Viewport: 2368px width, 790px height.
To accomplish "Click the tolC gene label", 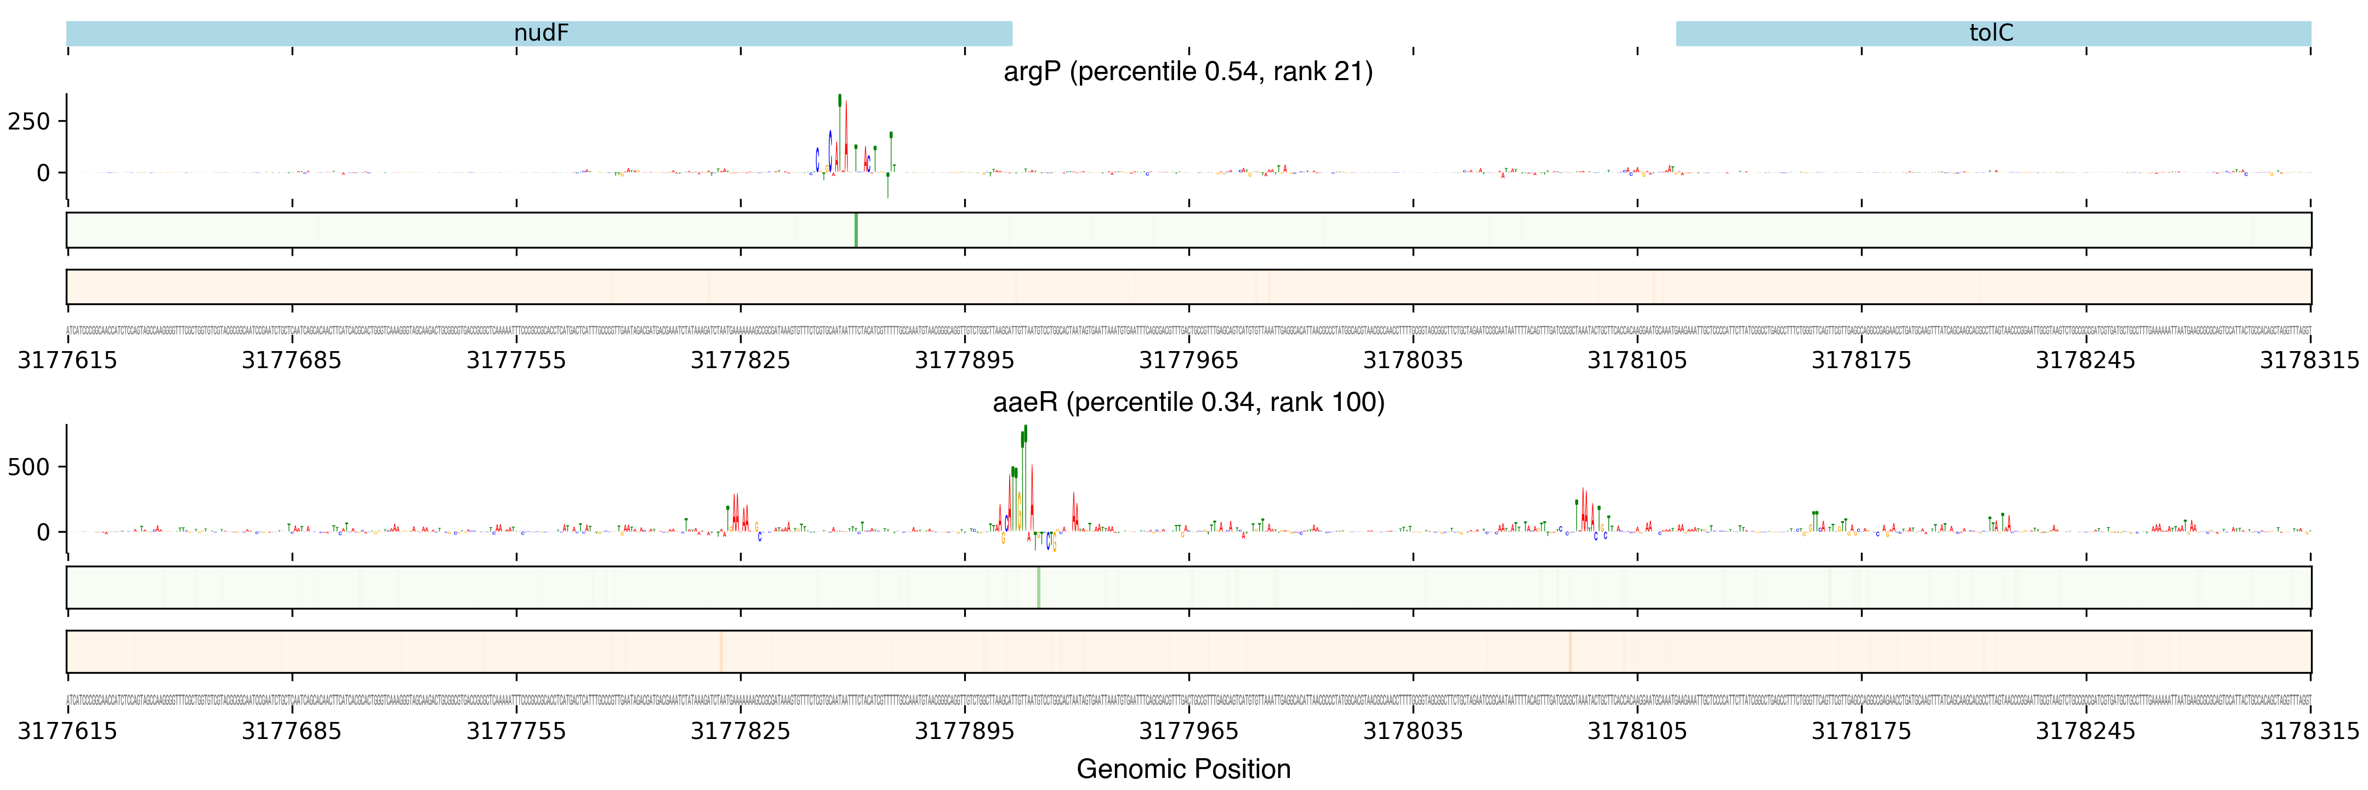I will pos(1991,33).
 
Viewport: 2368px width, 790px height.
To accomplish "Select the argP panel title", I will pos(1188,72).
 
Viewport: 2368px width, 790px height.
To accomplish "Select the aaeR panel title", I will pos(1188,403).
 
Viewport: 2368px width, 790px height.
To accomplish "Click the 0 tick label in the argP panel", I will pos(42,173).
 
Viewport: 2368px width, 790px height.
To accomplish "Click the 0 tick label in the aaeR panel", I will pos(42,533).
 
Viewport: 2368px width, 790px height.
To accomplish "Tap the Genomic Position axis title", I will pos(1183,769).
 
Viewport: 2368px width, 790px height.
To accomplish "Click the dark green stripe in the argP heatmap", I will pos(856,230).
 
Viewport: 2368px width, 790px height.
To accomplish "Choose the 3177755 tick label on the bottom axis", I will pos(516,731).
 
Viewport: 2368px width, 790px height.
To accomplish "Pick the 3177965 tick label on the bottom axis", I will pos(1188,731).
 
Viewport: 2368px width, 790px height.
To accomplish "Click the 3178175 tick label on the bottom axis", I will pos(1862,731).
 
